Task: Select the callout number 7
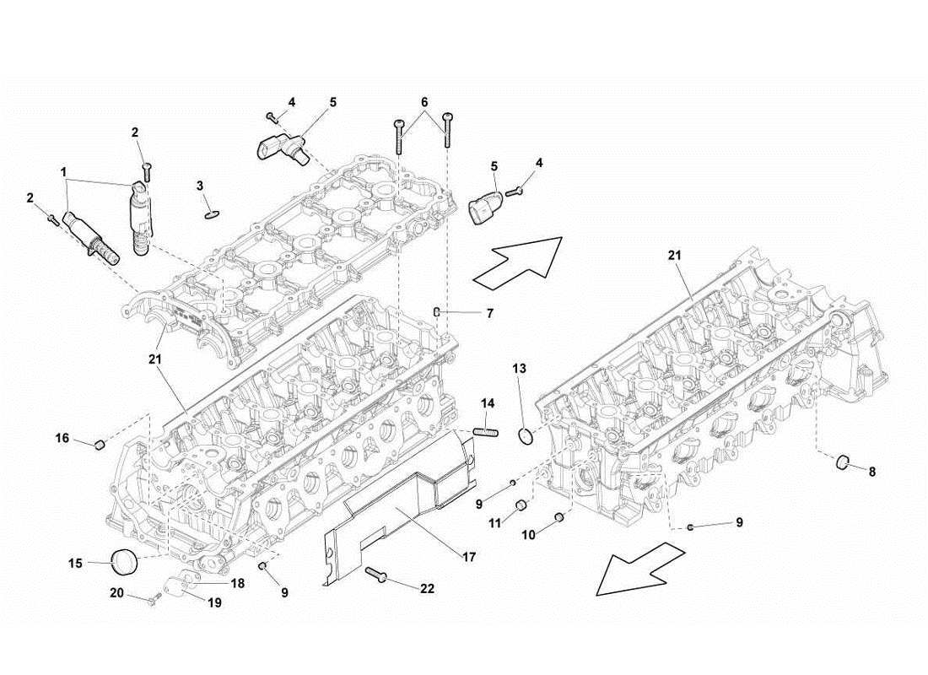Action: tap(488, 314)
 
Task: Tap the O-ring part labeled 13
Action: tap(525, 435)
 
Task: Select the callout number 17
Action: tap(470, 558)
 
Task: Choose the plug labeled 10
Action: tap(558, 516)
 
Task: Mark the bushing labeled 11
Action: tap(522, 505)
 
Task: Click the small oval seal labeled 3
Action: tap(209, 213)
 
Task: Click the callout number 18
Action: tap(238, 583)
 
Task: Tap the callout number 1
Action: tap(64, 172)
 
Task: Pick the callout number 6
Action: tap(424, 102)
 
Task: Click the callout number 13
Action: tap(520, 369)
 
